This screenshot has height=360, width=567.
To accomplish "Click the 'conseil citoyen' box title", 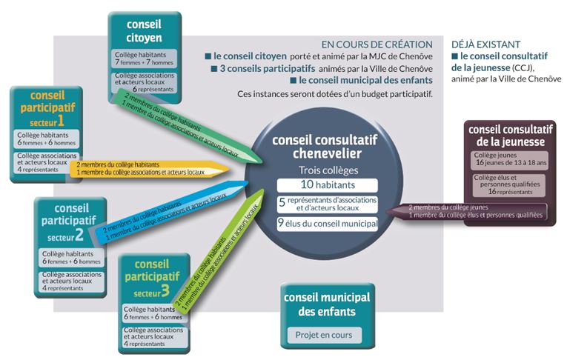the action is pos(144,31).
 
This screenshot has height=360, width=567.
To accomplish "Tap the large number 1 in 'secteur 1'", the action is pos(60,121).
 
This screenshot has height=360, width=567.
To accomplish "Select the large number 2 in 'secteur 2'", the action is pos(79,235).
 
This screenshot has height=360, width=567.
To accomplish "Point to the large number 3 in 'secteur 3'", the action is pos(165,290).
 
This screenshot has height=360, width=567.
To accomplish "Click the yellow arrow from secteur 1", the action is pos(149,169).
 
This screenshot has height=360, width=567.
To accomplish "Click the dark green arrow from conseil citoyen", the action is pos(186,126).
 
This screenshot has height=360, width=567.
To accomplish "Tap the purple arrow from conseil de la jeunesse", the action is pos(466,211).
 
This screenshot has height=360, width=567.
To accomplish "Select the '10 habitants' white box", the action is pos(328,185).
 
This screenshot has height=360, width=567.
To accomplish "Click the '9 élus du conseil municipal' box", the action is pos(328,224).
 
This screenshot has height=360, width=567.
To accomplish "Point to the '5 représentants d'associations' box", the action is pos(328,204).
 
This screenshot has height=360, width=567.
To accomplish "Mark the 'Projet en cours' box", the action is pos(324,335).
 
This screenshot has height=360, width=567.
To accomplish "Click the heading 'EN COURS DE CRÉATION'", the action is pos(377,44).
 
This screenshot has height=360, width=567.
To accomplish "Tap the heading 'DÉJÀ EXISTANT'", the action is pos(485,44).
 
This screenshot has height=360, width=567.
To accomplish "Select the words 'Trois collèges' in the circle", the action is pos(328,170).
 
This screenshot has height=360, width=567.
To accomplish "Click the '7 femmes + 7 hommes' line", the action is pos(144,62).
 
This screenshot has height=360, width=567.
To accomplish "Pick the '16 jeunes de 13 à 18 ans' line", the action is pos(511,163).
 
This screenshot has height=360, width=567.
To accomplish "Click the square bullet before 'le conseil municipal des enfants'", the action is pos(294,80).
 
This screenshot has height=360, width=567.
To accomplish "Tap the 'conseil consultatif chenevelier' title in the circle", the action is pos(325,147).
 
